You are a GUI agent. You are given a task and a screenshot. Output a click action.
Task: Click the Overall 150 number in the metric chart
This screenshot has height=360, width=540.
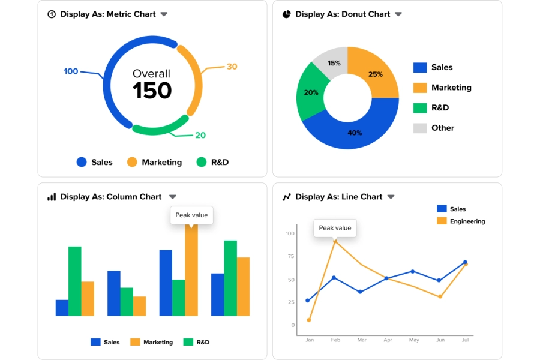tap(152, 91)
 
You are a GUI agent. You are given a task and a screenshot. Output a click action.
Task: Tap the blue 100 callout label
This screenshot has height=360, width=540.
tap(71, 71)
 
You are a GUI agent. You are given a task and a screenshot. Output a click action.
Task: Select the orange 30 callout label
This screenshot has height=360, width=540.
tap(232, 67)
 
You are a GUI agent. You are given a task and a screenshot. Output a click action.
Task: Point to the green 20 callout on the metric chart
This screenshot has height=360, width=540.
tap(200, 135)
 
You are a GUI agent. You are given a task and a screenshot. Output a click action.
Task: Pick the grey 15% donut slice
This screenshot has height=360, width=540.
tap(334, 63)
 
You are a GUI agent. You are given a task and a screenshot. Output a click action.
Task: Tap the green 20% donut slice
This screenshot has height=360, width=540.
tap(311, 92)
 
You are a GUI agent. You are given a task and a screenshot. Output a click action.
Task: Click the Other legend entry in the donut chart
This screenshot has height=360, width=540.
tap(443, 128)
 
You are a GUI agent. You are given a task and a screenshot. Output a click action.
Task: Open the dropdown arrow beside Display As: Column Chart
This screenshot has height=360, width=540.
tap(173, 197)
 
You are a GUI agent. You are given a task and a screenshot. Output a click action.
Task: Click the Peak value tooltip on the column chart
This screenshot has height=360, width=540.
tap(191, 215)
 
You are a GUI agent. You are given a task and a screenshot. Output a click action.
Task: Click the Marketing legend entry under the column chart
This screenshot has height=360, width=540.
tap(158, 342)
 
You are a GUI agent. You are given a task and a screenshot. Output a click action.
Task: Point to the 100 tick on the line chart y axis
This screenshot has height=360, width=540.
tap(290, 233)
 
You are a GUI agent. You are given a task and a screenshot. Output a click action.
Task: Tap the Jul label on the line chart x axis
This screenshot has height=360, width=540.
tap(464, 340)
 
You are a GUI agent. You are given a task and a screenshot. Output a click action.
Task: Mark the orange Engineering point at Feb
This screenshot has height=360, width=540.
tap(335, 241)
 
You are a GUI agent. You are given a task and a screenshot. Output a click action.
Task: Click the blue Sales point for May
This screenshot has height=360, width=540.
tap(413, 271)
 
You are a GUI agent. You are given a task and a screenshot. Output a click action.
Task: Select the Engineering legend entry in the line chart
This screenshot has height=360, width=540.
tap(467, 221)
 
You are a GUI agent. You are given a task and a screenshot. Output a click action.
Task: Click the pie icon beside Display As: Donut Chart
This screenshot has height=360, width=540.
tap(287, 14)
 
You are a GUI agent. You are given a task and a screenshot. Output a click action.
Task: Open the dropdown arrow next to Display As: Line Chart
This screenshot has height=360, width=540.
tap(391, 197)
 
